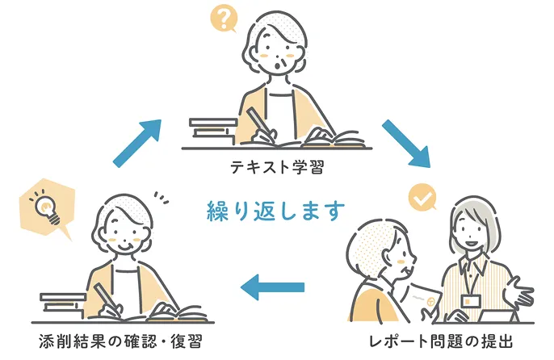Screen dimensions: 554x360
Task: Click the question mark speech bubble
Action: tap(223, 19)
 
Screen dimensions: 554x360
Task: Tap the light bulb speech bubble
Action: tap(47, 208)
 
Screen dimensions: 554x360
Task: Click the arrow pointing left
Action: tap(272, 287)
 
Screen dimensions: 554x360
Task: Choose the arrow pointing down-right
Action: tap(406, 144)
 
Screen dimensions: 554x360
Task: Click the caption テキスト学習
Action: tap(277, 167)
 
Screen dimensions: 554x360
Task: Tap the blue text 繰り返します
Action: tap(276, 211)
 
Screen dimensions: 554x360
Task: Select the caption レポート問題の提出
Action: tap(441, 341)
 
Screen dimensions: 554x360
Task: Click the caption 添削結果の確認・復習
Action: tap(121, 341)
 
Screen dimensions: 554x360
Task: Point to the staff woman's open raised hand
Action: tap(518, 292)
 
